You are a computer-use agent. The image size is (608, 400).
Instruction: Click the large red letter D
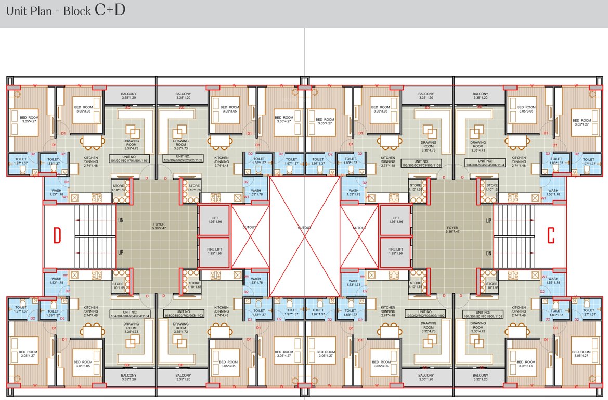pyautogui.click(x=58, y=235)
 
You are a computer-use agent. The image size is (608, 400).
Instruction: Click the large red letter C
pyautogui.click(x=551, y=235)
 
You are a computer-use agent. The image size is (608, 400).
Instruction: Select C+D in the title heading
pyautogui.click(x=110, y=10)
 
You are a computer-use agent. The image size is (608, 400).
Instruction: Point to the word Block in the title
pyautogui.click(x=77, y=10)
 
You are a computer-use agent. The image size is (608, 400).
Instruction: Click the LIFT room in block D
pyautogui.click(x=213, y=220)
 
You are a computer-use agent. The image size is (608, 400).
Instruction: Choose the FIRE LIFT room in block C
pyautogui.click(x=395, y=252)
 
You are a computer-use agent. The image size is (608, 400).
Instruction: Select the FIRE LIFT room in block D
pyautogui.click(x=213, y=252)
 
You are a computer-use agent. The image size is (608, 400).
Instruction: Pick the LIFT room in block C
pyautogui.click(x=395, y=220)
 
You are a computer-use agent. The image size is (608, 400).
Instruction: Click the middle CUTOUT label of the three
pyautogui.click(x=305, y=228)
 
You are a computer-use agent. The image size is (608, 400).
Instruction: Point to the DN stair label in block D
pyautogui.click(x=121, y=220)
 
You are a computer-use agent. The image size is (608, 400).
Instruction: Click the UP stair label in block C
pyautogui.click(x=488, y=220)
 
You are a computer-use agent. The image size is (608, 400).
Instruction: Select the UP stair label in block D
pyautogui.click(x=121, y=253)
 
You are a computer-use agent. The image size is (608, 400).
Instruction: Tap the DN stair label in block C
pyautogui.click(x=488, y=253)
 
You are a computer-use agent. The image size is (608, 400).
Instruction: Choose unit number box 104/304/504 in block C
pyautogui.click(x=485, y=164)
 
